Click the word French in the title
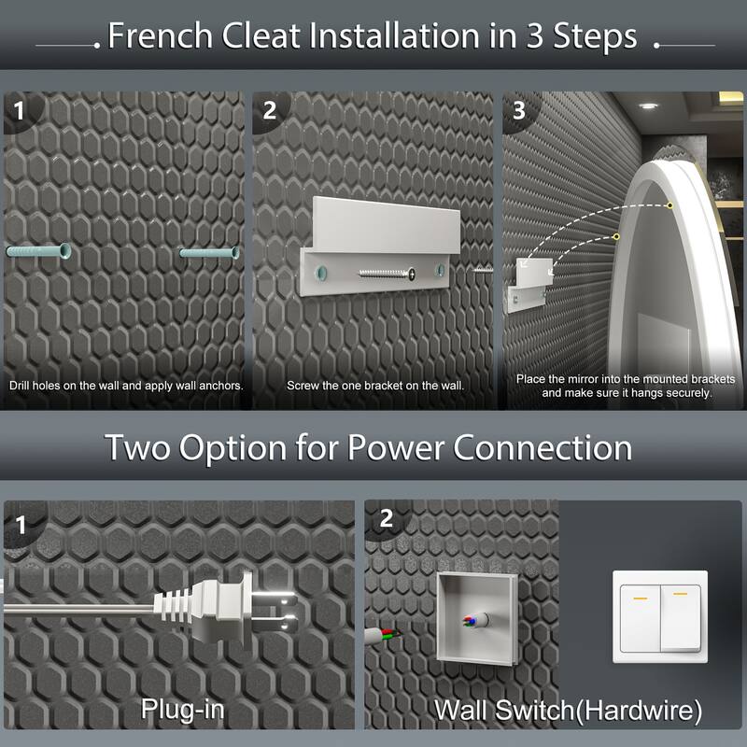(x=160, y=35)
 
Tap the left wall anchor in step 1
(x=38, y=250)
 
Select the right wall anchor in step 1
(x=209, y=252)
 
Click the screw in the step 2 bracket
(x=387, y=274)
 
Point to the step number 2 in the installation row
(x=270, y=110)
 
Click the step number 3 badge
(x=519, y=110)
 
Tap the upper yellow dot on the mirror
(x=669, y=205)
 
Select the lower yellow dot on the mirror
(x=616, y=237)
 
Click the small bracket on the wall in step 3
(x=529, y=285)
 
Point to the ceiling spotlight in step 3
(x=648, y=106)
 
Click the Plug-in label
(x=182, y=710)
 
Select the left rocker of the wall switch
(x=640, y=618)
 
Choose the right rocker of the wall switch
(x=681, y=618)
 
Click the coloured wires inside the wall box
(x=471, y=621)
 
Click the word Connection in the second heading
(x=543, y=448)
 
